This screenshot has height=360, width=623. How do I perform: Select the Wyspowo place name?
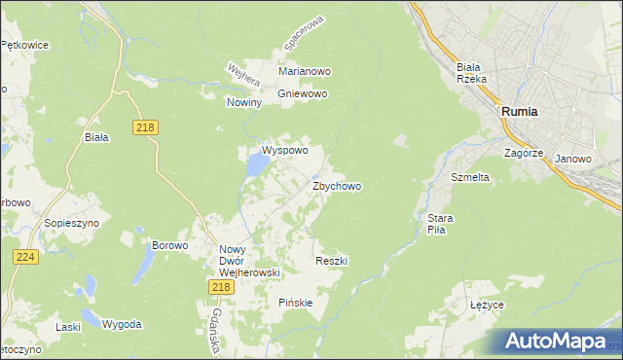[284, 151]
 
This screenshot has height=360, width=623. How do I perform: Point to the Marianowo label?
[305, 72]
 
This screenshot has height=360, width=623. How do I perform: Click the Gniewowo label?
[303, 94]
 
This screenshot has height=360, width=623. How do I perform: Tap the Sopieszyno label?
[67, 223]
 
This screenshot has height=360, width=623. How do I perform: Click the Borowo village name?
[169, 245]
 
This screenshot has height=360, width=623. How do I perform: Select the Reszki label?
[332, 261]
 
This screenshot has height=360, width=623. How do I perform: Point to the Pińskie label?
[296, 303]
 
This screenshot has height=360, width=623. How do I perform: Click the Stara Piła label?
[434, 224]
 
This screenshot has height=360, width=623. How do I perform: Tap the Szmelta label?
[469, 178]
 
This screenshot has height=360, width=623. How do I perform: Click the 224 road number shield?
[26, 256]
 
